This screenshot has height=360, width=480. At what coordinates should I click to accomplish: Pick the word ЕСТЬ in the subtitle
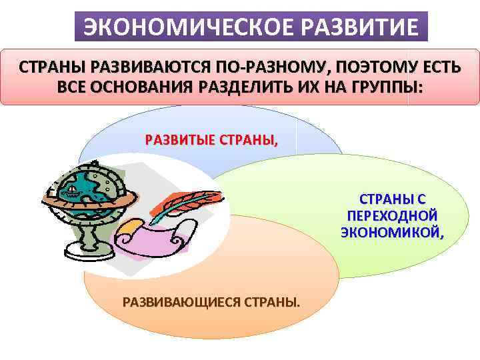pyautogui.click(x=449, y=68)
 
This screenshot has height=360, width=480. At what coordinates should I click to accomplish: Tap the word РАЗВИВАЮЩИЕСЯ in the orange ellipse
pyautogui.click(x=181, y=303)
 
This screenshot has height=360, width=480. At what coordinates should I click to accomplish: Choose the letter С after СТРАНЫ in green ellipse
pyautogui.click(x=422, y=199)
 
